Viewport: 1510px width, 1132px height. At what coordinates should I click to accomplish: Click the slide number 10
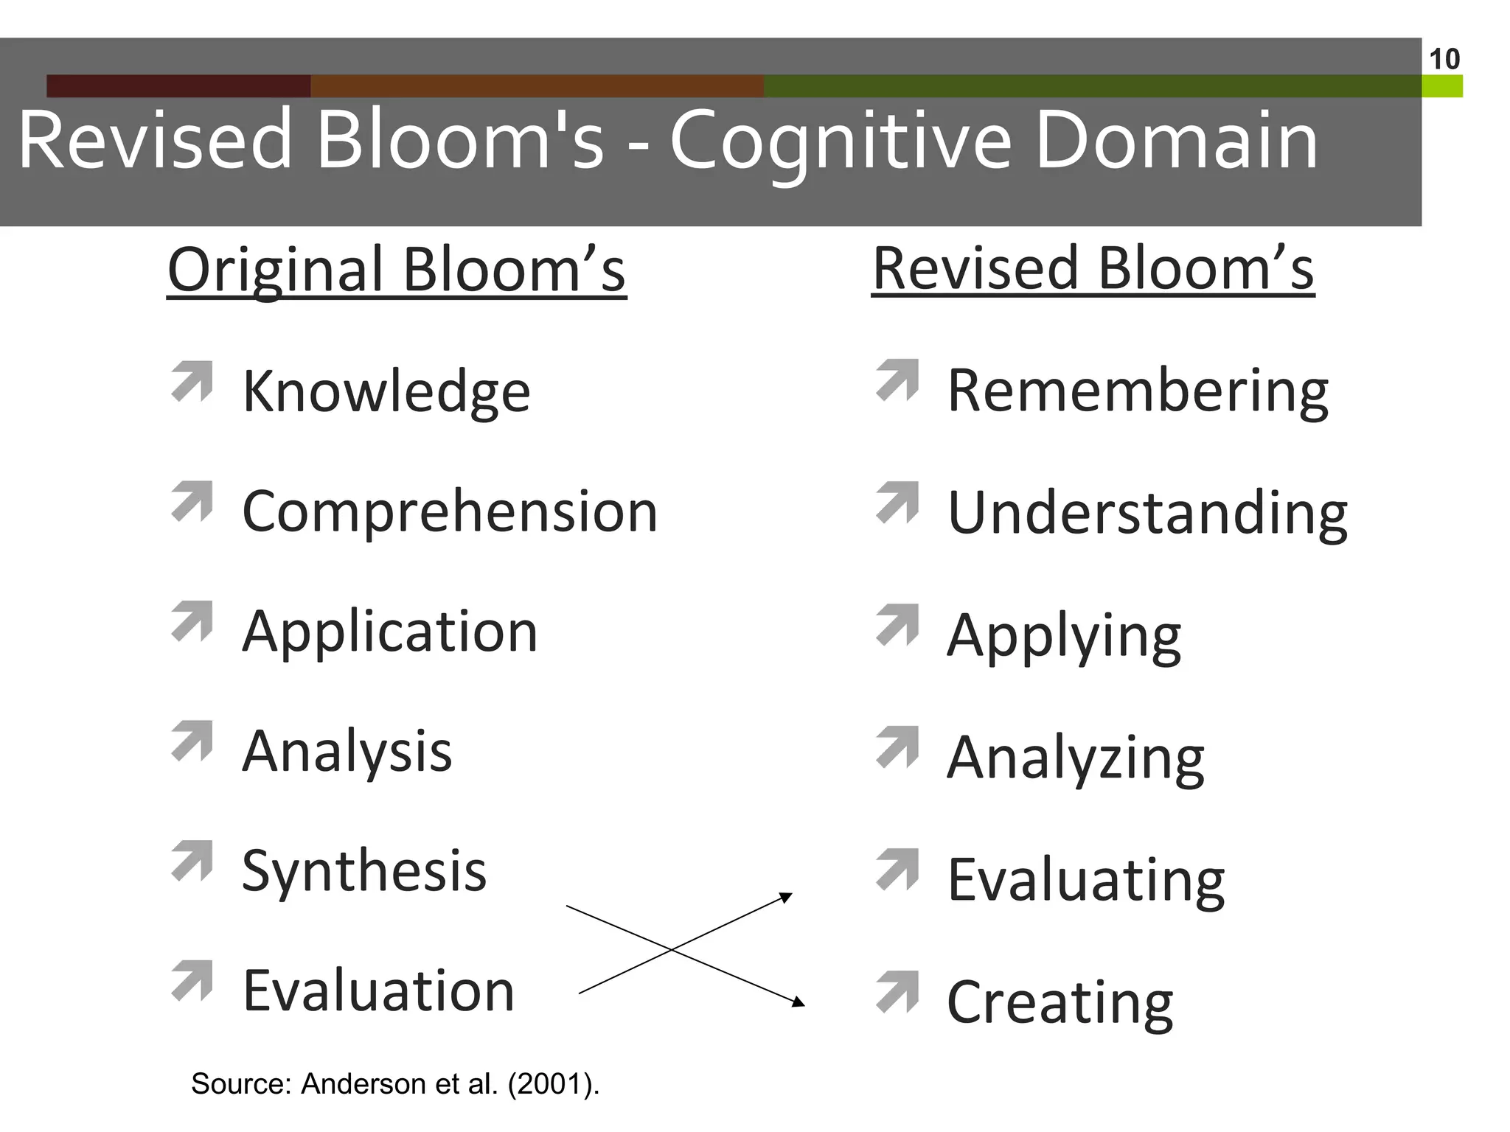(x=1444, y=59)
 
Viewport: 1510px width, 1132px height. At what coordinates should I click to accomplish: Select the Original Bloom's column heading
(x=397, y=270)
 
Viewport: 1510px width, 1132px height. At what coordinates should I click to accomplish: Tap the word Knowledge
(x=386, y=391)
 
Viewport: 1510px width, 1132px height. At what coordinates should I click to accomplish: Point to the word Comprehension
(x=449, y=511)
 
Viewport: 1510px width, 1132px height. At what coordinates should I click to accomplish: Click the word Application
(x=389, y=632)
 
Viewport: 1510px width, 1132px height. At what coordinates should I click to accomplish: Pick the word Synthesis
(x=364, y=871)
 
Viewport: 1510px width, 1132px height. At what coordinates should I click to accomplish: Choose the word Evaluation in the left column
(x=378, y=990)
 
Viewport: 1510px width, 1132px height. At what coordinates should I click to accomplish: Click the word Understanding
(x=1147, y=513)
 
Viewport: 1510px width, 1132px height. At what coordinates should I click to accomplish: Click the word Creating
(x=1060, y=1002)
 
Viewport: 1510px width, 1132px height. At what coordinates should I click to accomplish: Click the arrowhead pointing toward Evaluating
(x=787, y=897)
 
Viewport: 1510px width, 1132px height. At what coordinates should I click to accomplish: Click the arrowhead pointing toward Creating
(x=799, y=1002)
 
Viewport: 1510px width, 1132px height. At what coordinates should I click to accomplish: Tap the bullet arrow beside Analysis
(x=192, y=740)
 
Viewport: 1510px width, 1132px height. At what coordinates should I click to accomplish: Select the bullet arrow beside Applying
(x=897, y=624)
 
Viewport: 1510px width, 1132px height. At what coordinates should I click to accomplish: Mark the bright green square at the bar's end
(x=1442, y=86)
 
